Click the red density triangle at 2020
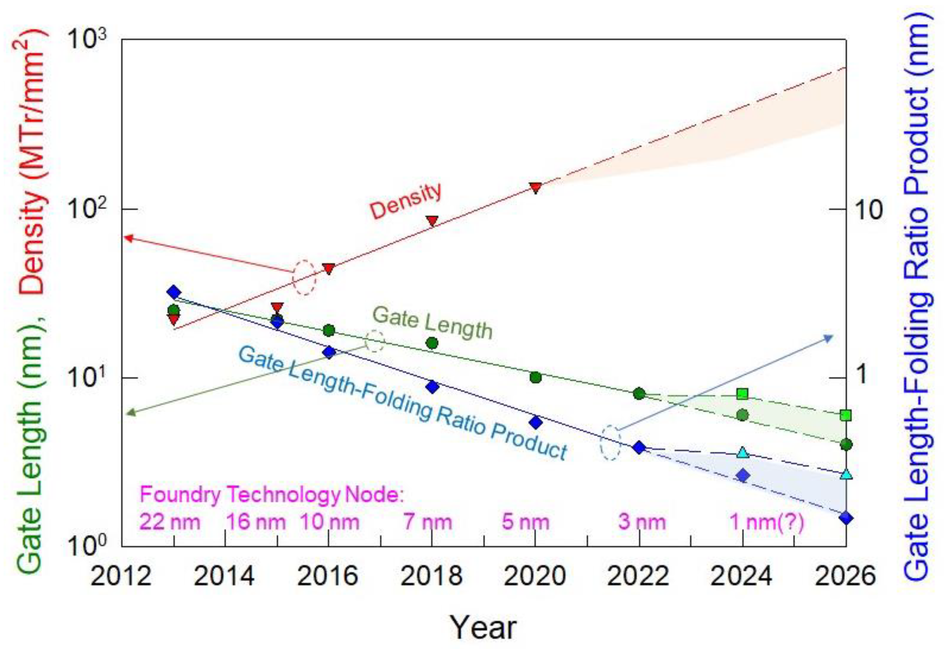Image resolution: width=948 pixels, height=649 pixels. pyautogui.click(x=535, y=188)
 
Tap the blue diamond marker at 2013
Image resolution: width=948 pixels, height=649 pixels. pyautogui.click(x=174, y=292)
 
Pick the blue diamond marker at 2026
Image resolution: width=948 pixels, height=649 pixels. pyautogui.click(x=846, y=518)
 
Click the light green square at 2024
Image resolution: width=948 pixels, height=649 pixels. pyautogui.click(x=743, y=394)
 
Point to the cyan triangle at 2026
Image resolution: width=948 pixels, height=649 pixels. pyautogui.click(x=846, y=474)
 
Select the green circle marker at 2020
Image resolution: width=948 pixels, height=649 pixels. pyautogui.click(x=535, y=378)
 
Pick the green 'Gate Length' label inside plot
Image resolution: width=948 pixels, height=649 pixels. pyautogui.click(x=432, y=323)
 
